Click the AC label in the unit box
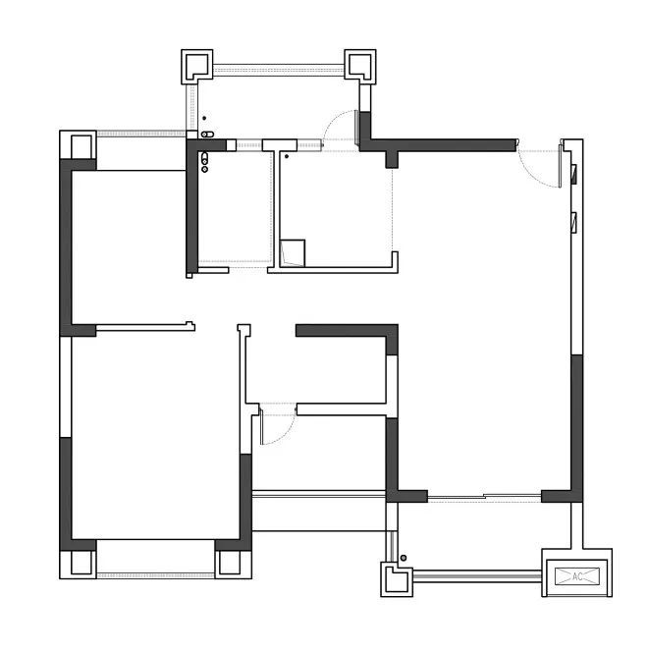coord(577,576)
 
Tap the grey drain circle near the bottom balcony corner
coord(404,558)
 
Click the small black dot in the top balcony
coord(204,118)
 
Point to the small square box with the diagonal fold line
coord(293,253)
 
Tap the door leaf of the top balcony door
coord(356,128)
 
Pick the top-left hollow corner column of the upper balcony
coord(197,66)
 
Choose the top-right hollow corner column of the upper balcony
coord(360,66)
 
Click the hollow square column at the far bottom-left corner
coord(78,565)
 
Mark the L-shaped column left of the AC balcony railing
coord(397,579)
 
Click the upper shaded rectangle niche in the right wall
coord(574,174)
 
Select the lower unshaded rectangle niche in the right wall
coord(574,223)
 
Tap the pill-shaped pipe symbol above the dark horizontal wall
coord(207,135)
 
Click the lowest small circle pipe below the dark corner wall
coord(204,169)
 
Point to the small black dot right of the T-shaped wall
coord(287,157)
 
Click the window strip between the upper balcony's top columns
coord(279,70)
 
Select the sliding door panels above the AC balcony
coord(484,497)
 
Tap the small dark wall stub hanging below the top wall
coord(392,160)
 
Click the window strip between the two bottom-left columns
coord(155,575)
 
